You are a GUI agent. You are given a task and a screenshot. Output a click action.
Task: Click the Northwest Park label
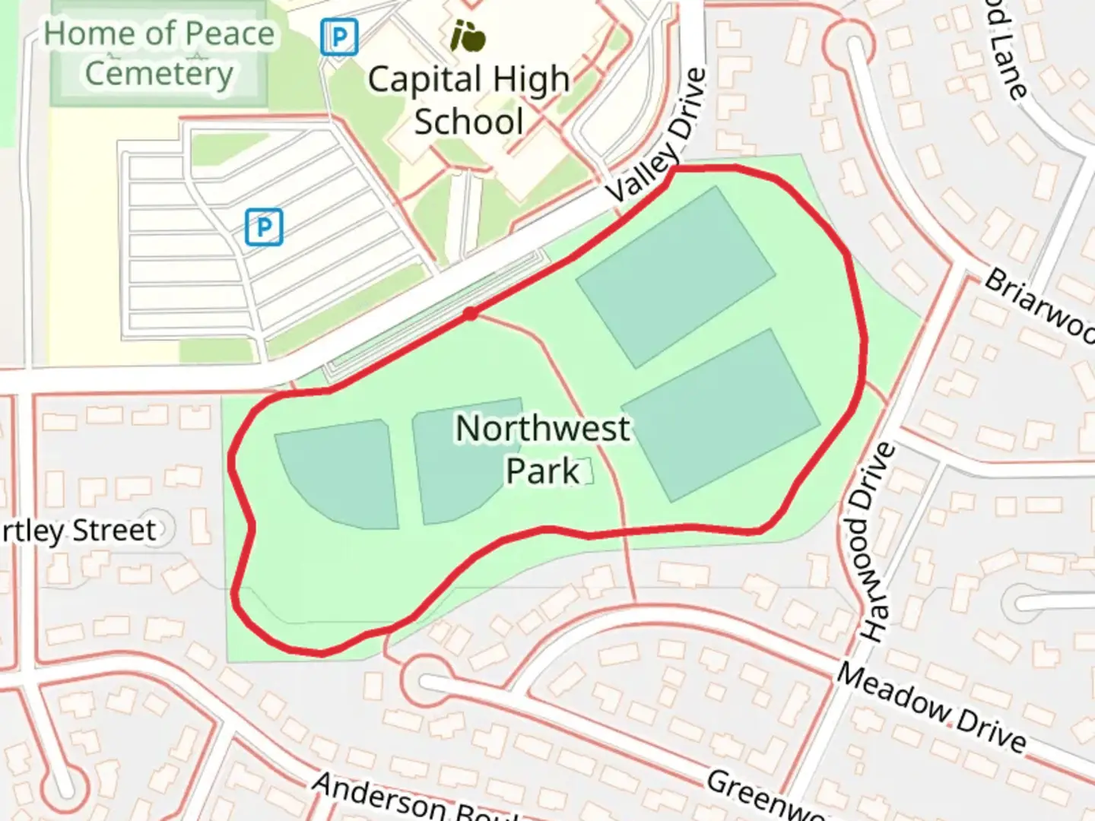tap(543, 449)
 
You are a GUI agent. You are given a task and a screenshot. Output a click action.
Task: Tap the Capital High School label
tap(468, 100)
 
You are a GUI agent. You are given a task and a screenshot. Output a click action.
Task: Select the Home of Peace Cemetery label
tap(159, 53)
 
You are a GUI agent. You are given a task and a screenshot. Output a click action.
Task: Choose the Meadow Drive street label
tap(932, 707)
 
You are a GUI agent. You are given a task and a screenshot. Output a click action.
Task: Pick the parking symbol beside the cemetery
tap(338, 36)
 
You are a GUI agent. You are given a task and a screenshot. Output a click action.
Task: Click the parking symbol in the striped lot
tap(264, 227)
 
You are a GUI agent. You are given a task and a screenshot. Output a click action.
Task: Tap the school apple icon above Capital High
tap(468, 35)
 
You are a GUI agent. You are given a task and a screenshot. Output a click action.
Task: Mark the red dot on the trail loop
tap(471, 313)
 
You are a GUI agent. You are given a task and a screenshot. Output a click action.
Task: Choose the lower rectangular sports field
tap(721, 414)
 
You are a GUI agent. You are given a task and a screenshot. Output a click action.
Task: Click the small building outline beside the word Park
tap(586, 471)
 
